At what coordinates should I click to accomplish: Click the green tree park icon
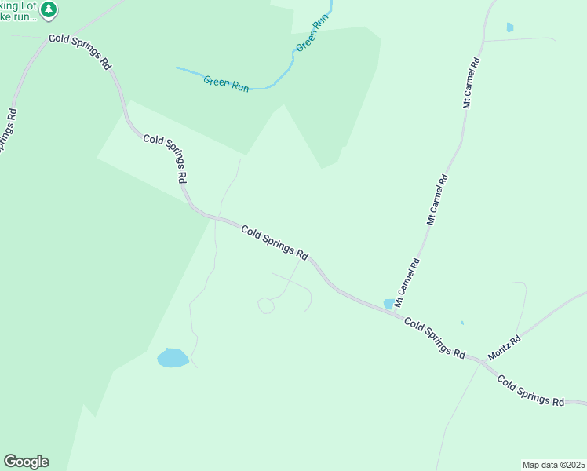[x=49, y=9]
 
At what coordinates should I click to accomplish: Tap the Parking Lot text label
[x=17, y=6]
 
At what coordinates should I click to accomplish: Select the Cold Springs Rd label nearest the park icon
[x=79, y=52]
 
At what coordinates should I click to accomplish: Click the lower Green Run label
[x=226, y=82]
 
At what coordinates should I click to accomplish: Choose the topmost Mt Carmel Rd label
[x=471, y=82]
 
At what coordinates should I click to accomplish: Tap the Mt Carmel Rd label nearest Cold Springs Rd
[x=407, y=281]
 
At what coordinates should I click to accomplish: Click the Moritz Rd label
[x=504, y=349]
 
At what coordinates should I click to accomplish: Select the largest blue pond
[x=173, y=358]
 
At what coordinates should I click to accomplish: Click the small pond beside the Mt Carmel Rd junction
[x=388, y=304]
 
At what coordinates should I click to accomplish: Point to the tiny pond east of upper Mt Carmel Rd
[x=510, y=27]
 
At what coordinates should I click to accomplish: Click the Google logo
[x=26, y=462]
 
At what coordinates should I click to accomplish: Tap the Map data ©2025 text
[x=553, y=464]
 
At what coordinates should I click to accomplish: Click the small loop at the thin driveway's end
[x=266, y=305]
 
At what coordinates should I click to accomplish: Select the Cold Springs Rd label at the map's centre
[x=274, y=242]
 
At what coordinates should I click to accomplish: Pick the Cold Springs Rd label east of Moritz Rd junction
[x=531, y=389]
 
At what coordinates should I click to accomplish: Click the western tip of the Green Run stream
[x=177, y=69]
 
